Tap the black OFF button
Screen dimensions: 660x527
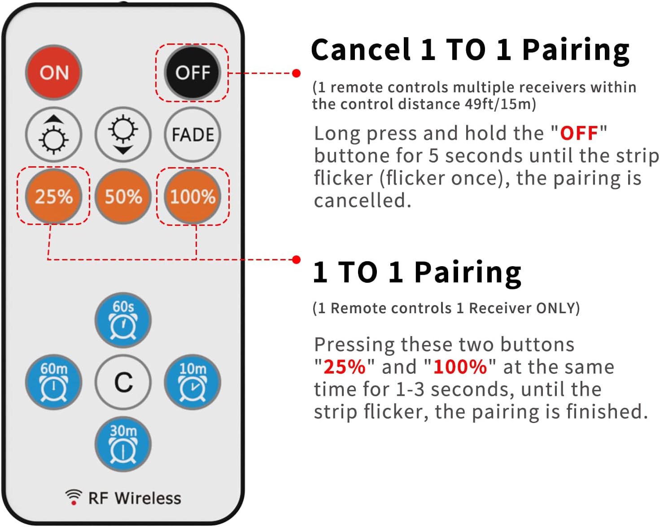click(192, 73)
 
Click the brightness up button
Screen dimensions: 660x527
click(53, 134)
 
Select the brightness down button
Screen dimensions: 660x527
click(123, 134)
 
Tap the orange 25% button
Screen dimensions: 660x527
click(53, 196)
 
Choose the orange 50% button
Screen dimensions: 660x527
click(123, 196)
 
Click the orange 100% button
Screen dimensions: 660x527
click(192, 196)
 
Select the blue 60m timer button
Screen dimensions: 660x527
click(53, 382)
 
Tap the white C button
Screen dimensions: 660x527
click(123, 382)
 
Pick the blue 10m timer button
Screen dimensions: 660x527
click(192, 382)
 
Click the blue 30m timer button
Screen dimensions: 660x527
click(123, 444)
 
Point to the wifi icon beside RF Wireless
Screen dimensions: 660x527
click(74, 497)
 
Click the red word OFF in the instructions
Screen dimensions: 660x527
click(579, 133)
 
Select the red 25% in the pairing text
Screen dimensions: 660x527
click(345, 367)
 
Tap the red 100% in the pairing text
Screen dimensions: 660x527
click(460, 367)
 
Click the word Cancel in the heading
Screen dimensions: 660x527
click(361, 49)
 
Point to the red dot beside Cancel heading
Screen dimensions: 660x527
click(296, 73)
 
